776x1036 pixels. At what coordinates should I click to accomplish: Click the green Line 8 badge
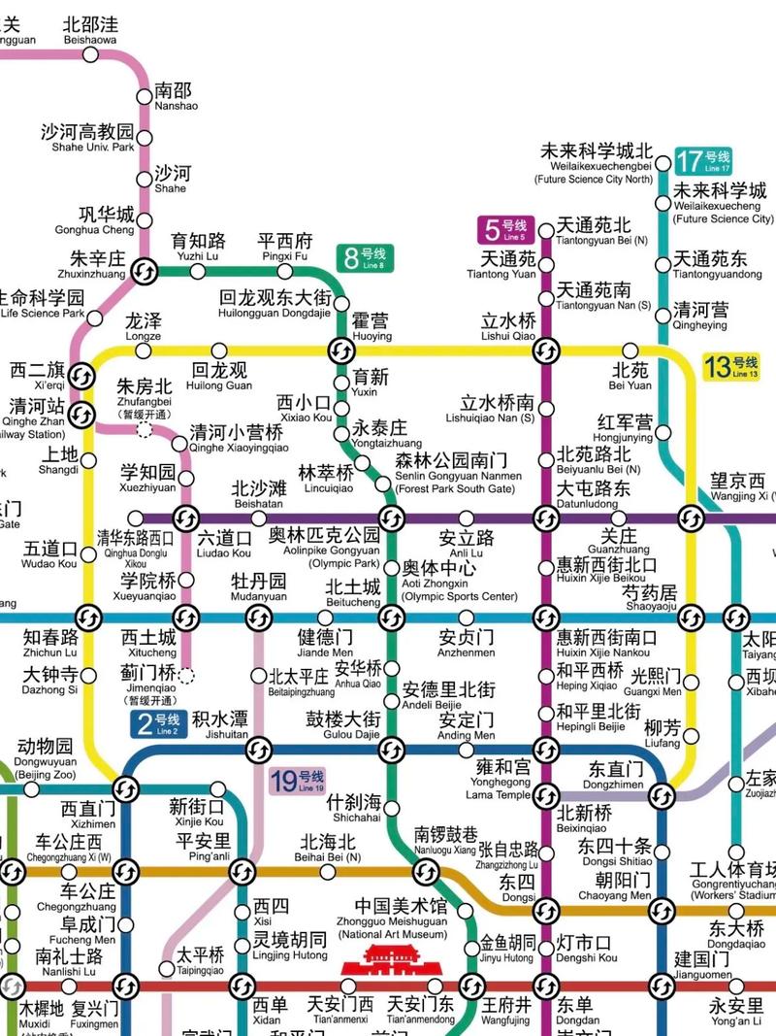coord(364,258)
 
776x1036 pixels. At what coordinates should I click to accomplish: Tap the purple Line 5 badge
coord(502,230)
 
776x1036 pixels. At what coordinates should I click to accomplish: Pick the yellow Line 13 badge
coord(731,367)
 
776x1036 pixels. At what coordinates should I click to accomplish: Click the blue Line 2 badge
coord(157,723)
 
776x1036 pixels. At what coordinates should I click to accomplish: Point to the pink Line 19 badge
coord(297,781)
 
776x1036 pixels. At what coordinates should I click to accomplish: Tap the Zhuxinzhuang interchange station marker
coord(146,271)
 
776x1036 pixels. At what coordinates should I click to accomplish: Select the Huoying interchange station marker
coord(341,350)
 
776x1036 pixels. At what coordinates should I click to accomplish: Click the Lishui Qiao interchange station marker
coord(546,350)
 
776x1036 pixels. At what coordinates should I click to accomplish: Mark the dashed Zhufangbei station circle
coord(145,430)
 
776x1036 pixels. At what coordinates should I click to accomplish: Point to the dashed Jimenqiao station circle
coord(186,676)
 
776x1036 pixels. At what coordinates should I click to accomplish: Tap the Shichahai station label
coord(355,808)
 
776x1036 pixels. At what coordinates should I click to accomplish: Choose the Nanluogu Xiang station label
coord(446,840)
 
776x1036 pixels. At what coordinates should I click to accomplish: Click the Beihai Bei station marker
coord(328,872)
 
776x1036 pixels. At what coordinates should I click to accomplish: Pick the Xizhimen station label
coord(88,815)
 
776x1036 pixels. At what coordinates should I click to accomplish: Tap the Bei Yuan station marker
coord(630,350)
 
